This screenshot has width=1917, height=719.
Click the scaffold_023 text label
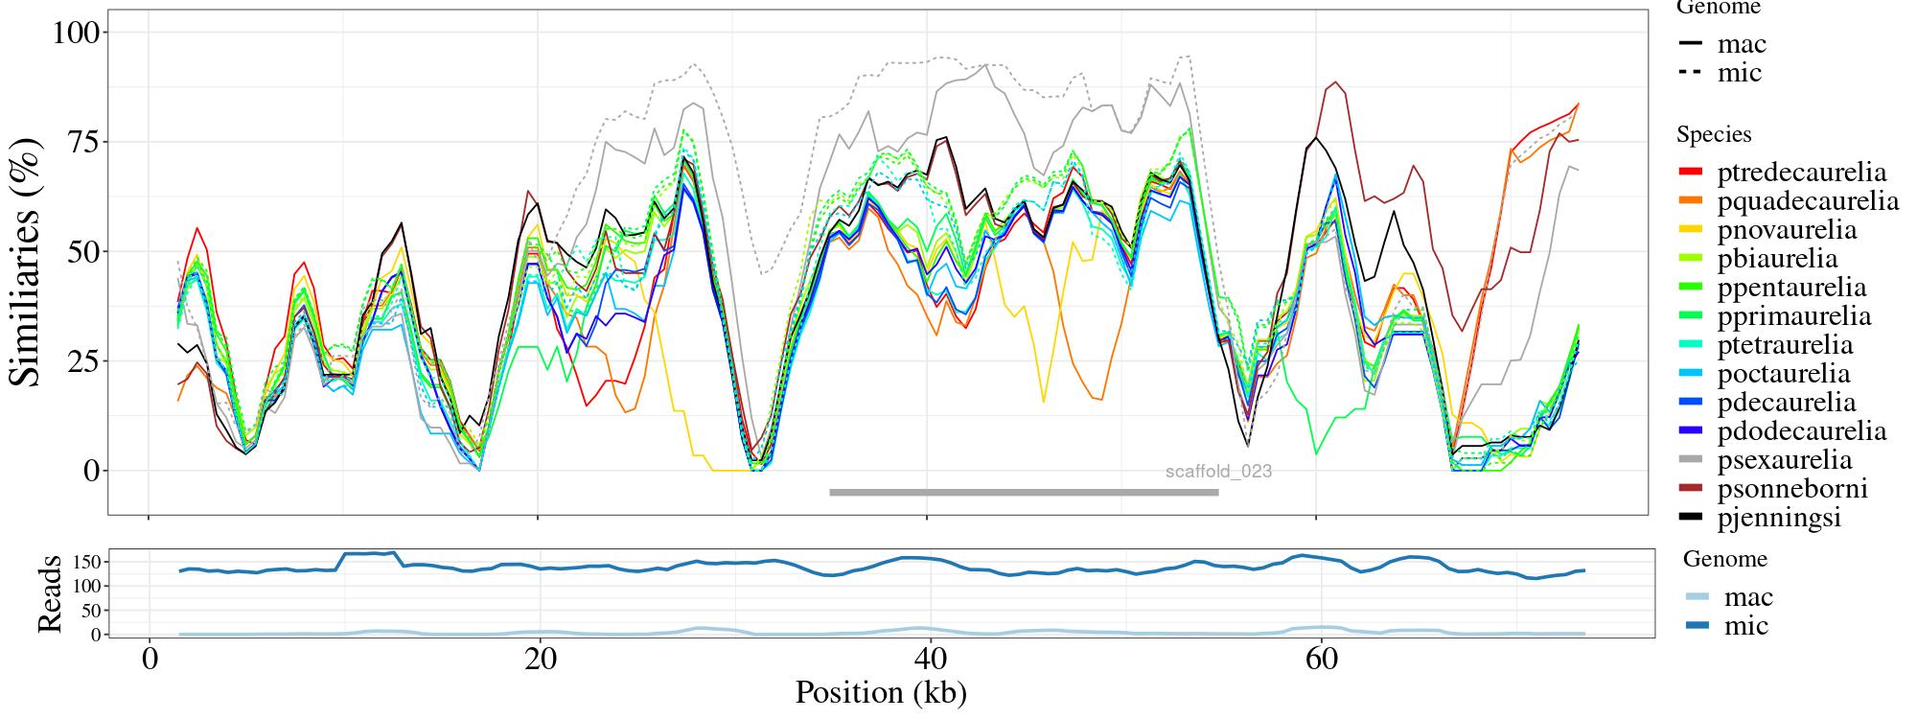[x=1218, y=472]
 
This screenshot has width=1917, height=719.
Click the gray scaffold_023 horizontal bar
[x=1024, y=493]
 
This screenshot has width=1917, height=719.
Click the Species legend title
[x=1714, y=135]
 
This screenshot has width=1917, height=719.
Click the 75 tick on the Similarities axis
[x=86, y=142]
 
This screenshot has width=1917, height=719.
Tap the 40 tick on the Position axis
[x=928, y=661]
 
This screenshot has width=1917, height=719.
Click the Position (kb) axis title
[x=880, y=693]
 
